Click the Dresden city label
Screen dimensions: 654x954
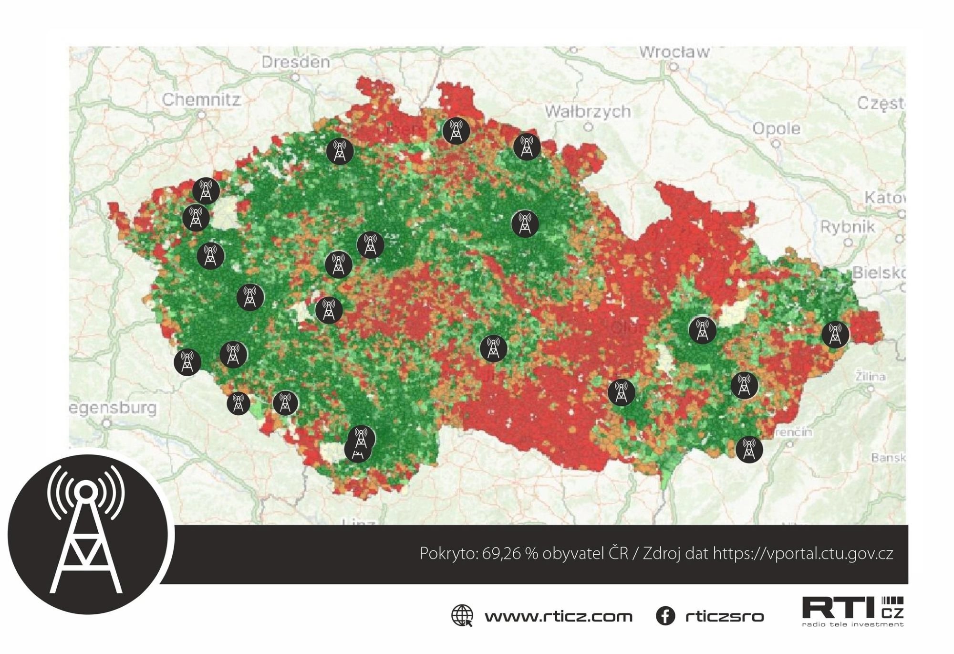(295, 62)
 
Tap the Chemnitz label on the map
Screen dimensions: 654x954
(201, 100)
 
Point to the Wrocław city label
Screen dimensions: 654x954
(674, 52)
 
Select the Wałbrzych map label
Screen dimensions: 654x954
(588, 112)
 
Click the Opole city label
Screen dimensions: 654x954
(776, 128)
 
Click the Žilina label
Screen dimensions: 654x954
(871, 377)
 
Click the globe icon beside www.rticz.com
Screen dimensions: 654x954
(462, 616)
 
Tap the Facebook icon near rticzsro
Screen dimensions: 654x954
(665, 616)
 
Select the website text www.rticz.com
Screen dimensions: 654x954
(558, 616)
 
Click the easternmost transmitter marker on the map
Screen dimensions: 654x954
(835, 334)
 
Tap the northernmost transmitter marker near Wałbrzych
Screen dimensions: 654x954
(456, 131)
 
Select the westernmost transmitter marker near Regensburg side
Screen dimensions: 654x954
(187, 362)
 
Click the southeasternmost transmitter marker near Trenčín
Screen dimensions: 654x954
(749, 449)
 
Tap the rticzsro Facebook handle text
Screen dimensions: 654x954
(724, 616)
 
